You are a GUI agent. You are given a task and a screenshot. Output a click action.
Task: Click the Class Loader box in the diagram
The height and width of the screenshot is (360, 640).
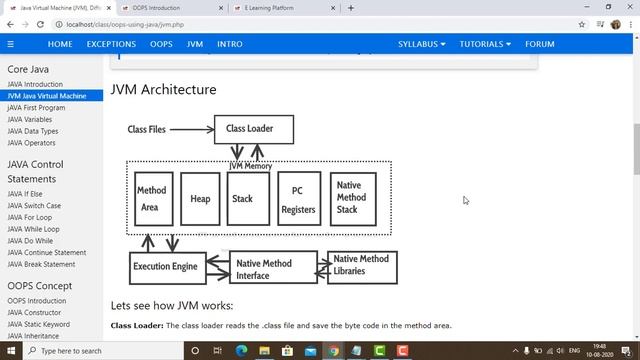tap(253, 129)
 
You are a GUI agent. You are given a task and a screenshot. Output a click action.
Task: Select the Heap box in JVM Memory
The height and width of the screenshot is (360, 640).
tap(200, 199)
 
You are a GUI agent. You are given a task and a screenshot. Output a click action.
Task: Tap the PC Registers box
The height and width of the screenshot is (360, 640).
tap(297, 199)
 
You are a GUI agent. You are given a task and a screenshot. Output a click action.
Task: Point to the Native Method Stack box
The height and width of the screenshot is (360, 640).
tap(353, 198)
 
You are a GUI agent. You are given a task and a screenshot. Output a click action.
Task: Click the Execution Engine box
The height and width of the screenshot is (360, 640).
tap(165, 267)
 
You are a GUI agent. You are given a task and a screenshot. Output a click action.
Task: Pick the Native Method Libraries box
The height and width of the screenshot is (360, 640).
tap(361, 266)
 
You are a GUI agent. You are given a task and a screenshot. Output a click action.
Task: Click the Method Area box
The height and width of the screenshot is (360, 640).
tap(153, 198)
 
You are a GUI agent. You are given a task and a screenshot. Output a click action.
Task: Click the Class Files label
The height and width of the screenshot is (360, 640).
tap(147, 129)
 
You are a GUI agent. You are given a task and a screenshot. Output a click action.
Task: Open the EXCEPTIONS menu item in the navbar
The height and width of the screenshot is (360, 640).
tap(111, 44)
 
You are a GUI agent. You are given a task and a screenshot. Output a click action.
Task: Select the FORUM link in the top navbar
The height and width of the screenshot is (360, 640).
tap(540, 44)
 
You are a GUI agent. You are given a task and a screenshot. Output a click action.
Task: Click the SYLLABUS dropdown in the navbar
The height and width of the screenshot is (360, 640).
tap(422, 44)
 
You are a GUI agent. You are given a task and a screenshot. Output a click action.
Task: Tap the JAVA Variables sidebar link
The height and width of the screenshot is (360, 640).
tap(30, 119)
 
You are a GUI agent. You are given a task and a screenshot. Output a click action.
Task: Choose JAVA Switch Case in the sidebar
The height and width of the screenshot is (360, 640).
tap(34, 205)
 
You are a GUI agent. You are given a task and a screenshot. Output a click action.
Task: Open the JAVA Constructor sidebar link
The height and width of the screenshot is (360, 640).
tap(33, 313)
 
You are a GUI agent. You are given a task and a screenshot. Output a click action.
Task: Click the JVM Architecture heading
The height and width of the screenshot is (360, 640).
tap(163, 89)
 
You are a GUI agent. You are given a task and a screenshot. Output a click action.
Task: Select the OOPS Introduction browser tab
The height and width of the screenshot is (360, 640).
tap(157, 7)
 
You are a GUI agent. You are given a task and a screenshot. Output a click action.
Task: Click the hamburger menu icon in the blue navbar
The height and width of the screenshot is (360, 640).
tap(11, 44)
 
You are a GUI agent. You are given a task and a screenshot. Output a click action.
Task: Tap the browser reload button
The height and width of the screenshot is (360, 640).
tap(44, 24)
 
